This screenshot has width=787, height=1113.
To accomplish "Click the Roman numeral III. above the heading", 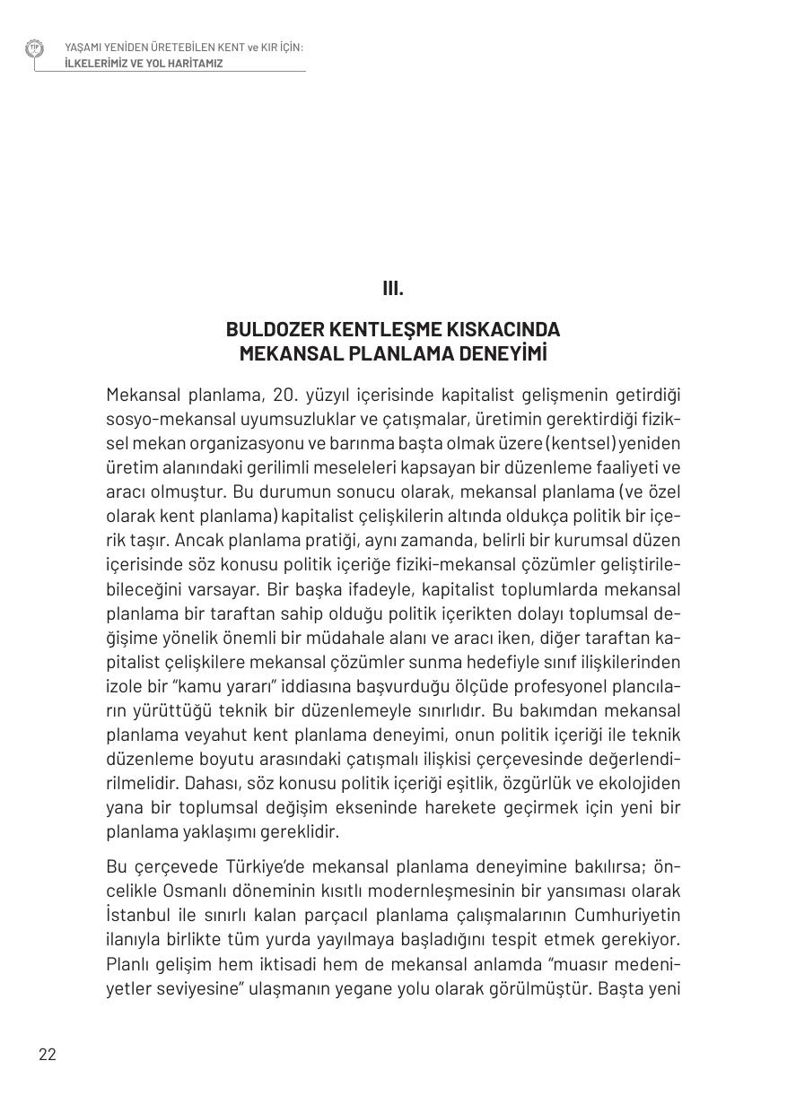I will point(393,289).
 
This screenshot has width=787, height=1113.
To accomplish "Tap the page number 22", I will point(48,1054).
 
